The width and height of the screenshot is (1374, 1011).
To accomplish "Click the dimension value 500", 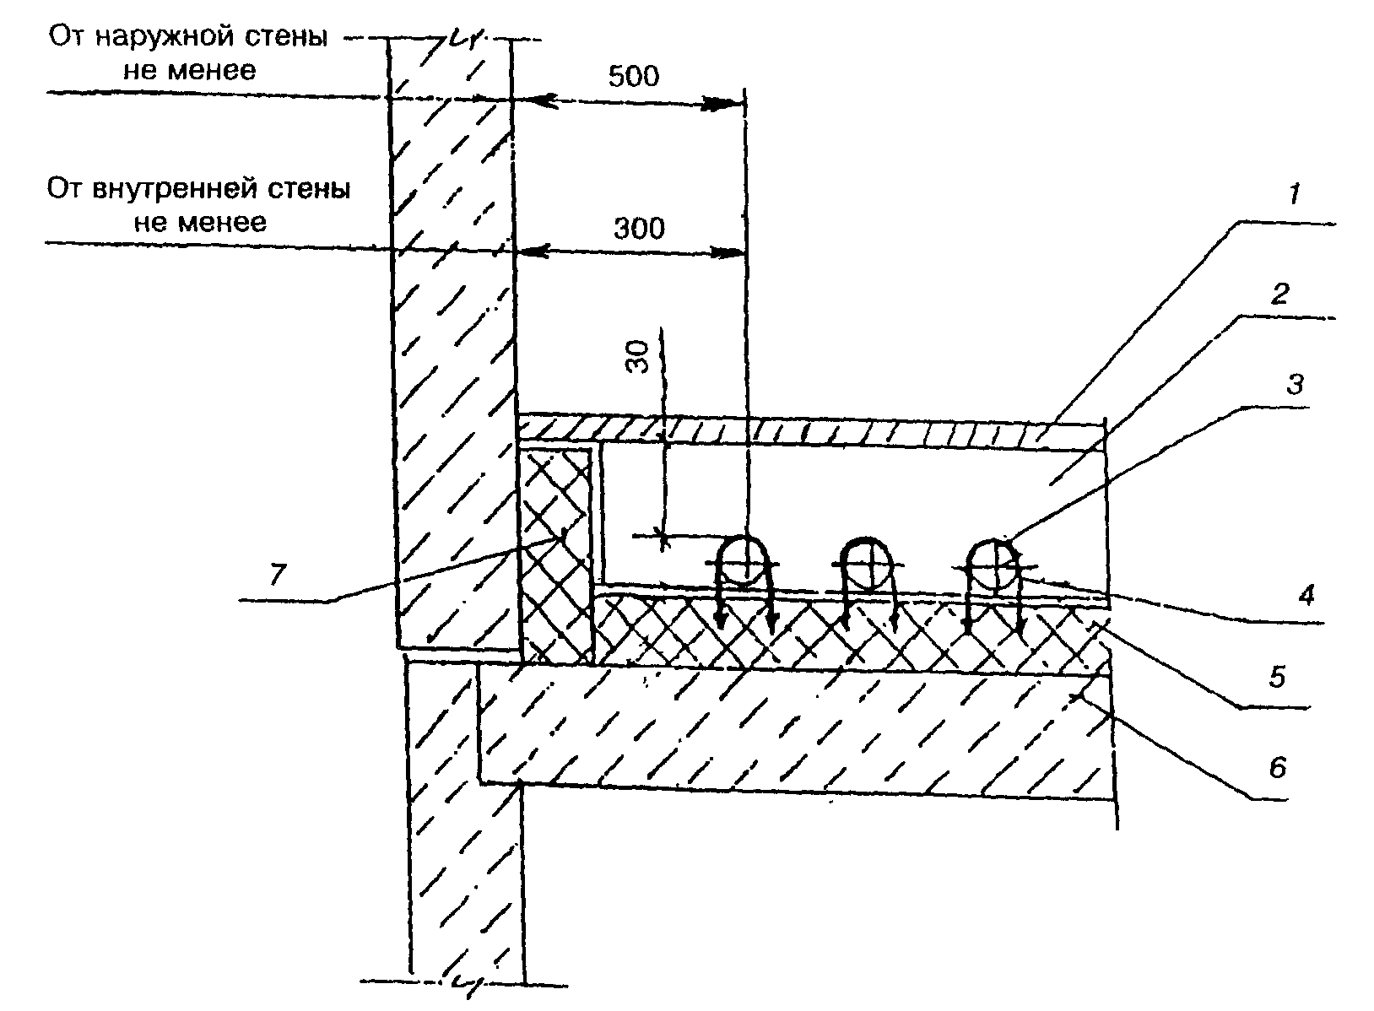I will coord(633,77).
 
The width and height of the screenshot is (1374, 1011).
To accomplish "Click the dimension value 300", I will coord(638,228).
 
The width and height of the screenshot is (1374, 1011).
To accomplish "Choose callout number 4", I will coord(1306,597).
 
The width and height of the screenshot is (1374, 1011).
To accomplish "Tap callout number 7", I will coord(278,575).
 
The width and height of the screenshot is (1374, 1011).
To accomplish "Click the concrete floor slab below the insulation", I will coord(793,726).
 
